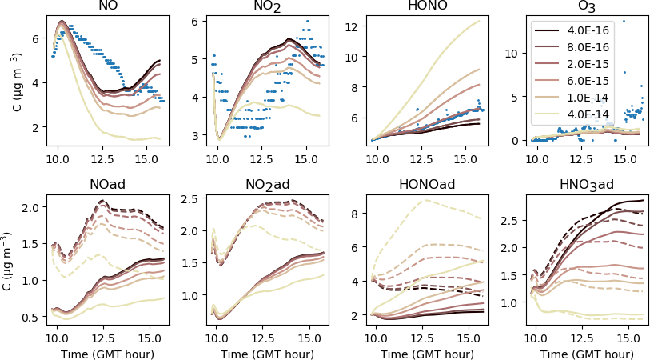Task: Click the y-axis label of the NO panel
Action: (x=18, y=81)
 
